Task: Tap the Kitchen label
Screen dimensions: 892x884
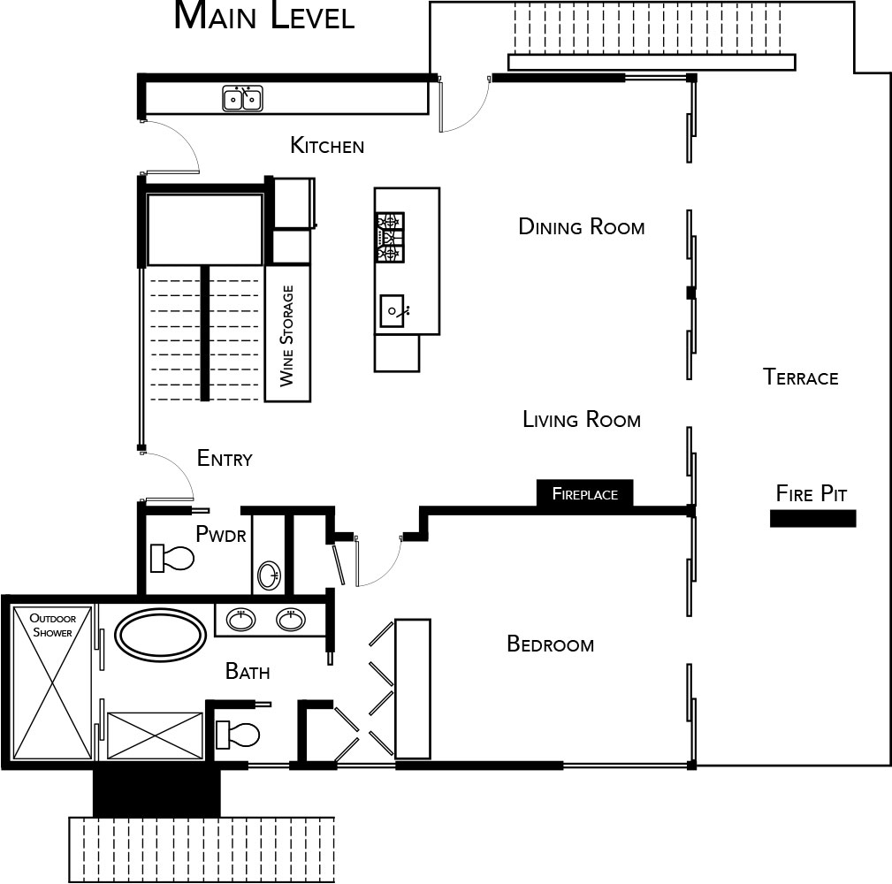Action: [x=327, y=146]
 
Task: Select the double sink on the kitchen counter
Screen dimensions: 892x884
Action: [x=242, y=98]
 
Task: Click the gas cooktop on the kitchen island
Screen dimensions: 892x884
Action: [x=390, y=237]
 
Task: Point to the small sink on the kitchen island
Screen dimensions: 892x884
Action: [x=393, y=310]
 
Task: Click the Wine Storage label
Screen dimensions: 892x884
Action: [x=287, y=336]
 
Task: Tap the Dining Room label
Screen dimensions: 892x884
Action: [x=582, y=227]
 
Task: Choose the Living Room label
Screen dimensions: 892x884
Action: [x=582, y=420]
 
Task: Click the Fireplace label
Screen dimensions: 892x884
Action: [x=585, y=493]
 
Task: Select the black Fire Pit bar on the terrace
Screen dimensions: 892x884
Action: [x=813, y=518]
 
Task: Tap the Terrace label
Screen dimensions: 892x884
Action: [x=800, y=377]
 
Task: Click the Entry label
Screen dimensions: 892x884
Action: [x=225, y=458]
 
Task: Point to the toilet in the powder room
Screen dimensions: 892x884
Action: [x=172, y=558]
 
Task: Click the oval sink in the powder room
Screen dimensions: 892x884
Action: [x=269, y=575]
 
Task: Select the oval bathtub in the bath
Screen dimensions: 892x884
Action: [x=161, y=635]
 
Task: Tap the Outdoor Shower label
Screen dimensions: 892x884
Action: [x=52, y=625]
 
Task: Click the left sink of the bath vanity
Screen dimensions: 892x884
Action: [x=241, y=619]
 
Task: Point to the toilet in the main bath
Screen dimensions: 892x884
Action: [x=238, y=734]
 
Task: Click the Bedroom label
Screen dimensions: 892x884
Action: [x=550, y=644]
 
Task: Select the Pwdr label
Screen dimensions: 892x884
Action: [x=221, y=534]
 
